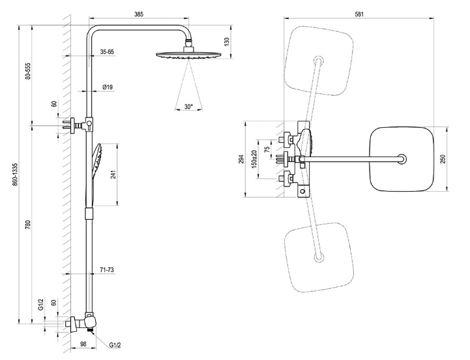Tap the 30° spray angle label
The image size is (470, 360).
189,106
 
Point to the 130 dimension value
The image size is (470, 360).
227,41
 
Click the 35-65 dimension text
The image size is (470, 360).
108,51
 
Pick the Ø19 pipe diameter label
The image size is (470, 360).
109,87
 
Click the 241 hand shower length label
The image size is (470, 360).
115,175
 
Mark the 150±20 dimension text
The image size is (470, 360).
254,158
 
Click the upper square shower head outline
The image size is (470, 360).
319,57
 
